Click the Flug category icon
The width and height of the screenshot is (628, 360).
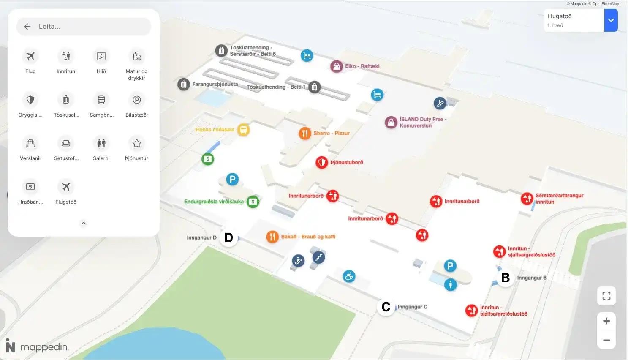click(x=30, y=56)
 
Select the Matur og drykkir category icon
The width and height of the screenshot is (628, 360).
click(x=136, y=56)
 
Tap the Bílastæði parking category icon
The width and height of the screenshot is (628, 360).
click(x=136, y=100)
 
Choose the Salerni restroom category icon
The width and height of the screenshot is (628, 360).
click(x=101, y=143)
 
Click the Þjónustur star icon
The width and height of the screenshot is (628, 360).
click(x=136, y=143)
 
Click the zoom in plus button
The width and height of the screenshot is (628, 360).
click(x=606, y=321)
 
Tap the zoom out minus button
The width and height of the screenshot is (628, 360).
click(x=606, y=340)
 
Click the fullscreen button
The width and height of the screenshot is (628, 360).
click(x=606, y=296)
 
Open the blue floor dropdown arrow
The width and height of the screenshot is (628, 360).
click(x=611, y=20)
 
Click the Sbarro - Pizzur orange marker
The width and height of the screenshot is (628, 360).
click(x=305, y=133)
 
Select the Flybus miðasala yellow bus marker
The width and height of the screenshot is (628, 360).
click(x=243, y=130)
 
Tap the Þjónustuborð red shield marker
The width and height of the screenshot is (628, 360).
click(x=322, y=162)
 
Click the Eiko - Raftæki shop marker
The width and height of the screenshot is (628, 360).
click(x=337, y=66)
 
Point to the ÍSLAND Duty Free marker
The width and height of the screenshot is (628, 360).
click(x=391, y=123)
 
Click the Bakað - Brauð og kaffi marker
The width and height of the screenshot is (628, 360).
click(x=272, y=237)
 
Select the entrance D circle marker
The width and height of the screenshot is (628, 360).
click(x=228, y=237)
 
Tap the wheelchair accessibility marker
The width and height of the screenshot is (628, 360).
click(x=349, y=276)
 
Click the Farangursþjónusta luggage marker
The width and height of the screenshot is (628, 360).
click(x=184, y=85)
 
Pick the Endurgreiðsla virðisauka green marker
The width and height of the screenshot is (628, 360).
click(x=253, y=202)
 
